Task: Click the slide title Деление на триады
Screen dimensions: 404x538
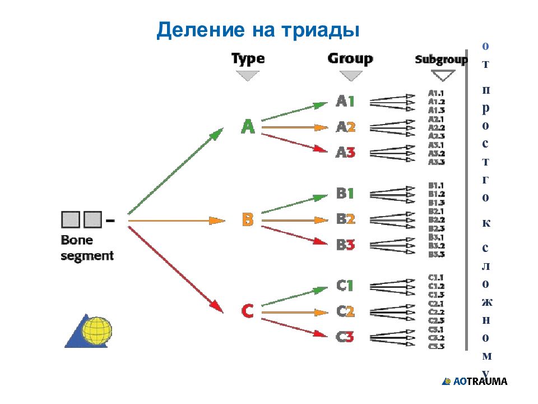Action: (x=258, y=30)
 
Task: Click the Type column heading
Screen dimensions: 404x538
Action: (x=248, y=59)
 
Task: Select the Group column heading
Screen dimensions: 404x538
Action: (x=350, y=58)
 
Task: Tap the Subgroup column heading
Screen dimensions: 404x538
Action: (x=441, y=59)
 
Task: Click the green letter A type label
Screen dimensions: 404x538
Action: (x=248, y=127)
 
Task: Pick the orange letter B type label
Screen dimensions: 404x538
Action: (x=248, y=219)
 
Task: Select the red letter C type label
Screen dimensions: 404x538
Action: (x=248, y=310)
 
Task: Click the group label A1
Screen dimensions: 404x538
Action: (x=345, y=102)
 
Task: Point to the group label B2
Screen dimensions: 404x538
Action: (x=345, y=219)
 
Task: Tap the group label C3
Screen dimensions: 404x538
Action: (x=345, y=337)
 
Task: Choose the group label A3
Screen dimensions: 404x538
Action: (x=345, y=153)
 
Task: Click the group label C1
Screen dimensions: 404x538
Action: (x=345, y=286)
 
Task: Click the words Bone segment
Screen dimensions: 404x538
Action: (x=87, y=247)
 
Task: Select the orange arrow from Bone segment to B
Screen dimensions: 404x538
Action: (x=177, y=221)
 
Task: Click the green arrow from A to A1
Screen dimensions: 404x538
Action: (x=294, y=112)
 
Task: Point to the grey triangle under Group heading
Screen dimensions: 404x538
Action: (x=350, y=75)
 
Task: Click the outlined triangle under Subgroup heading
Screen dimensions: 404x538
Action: (x=443, y=75)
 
